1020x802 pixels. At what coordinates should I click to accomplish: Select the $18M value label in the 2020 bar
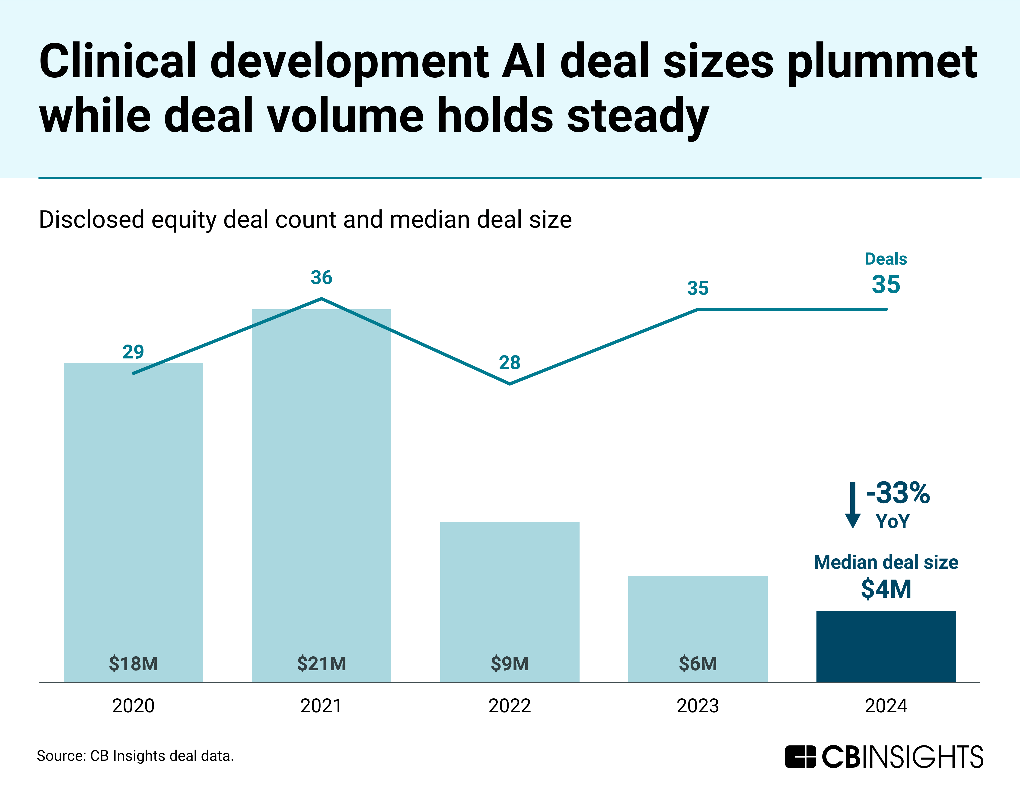(x=133, y=664)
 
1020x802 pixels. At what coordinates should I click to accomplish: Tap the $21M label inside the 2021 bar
(x=322, y=664)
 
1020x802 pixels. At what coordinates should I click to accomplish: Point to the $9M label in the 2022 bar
(x=510, y=664)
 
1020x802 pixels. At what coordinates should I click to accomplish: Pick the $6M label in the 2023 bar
(x=698, y=664)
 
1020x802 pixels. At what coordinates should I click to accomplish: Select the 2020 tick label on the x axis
(x=133, y=706)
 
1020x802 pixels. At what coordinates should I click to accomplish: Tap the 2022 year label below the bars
(x=510, y=706)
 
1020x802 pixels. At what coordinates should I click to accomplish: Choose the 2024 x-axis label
(x=886, y=706)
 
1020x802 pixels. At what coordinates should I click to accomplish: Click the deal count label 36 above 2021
(x=322, y=278)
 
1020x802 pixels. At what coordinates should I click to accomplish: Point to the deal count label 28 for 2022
(x=510, y=362)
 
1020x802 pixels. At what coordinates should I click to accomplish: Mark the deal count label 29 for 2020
(x=133, y=352)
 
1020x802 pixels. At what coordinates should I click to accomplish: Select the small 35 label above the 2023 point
(x=698, y=288)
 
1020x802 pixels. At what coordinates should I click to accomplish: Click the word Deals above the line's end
(x=886, y=259)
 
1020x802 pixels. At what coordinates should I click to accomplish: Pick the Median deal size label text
(x=886, y=562)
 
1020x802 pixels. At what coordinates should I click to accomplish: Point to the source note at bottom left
(x=135, y=756)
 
